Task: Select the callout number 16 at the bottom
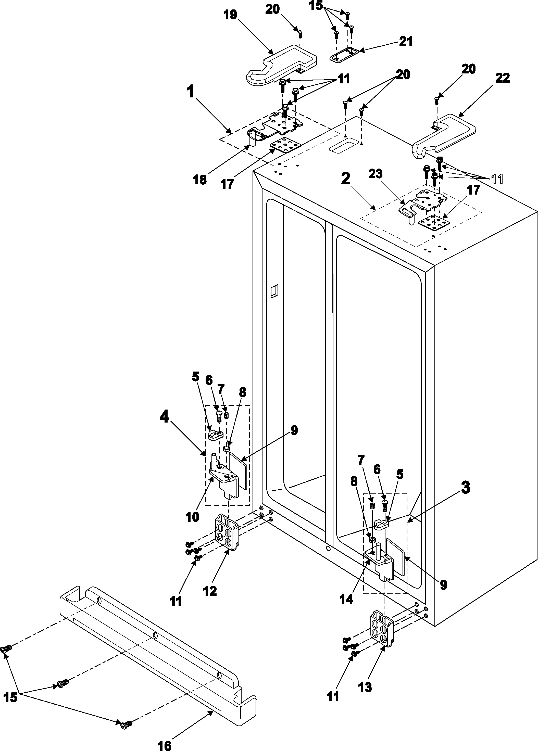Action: coord(165,743)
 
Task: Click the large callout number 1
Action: coord(191,92)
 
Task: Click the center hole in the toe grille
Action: coord(155,635)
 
